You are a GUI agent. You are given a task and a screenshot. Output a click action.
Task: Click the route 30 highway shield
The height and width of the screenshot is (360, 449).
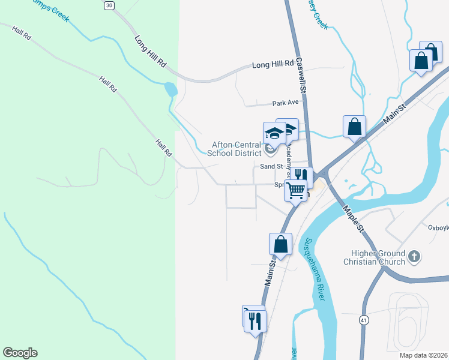109,5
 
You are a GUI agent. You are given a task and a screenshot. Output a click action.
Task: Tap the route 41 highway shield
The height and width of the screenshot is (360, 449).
364,320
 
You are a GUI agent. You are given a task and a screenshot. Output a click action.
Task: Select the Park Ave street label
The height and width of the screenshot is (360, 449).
285,103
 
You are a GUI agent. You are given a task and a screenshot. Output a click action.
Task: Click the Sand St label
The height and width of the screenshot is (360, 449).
271,166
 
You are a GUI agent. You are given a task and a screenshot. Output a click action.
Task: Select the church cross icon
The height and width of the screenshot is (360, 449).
414,257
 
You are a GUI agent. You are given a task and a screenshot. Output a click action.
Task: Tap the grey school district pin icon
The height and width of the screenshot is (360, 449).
271,148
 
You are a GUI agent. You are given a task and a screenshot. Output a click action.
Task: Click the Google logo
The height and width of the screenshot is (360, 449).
20,353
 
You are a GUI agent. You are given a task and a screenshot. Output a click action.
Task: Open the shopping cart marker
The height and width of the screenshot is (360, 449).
295,190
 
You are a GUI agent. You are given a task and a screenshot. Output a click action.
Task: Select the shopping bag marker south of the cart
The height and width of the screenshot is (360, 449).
280,244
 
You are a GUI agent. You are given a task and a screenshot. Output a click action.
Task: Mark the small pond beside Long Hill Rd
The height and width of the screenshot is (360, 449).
170,90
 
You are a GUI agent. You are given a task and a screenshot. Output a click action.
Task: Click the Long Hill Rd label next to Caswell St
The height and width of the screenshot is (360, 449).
273,64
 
